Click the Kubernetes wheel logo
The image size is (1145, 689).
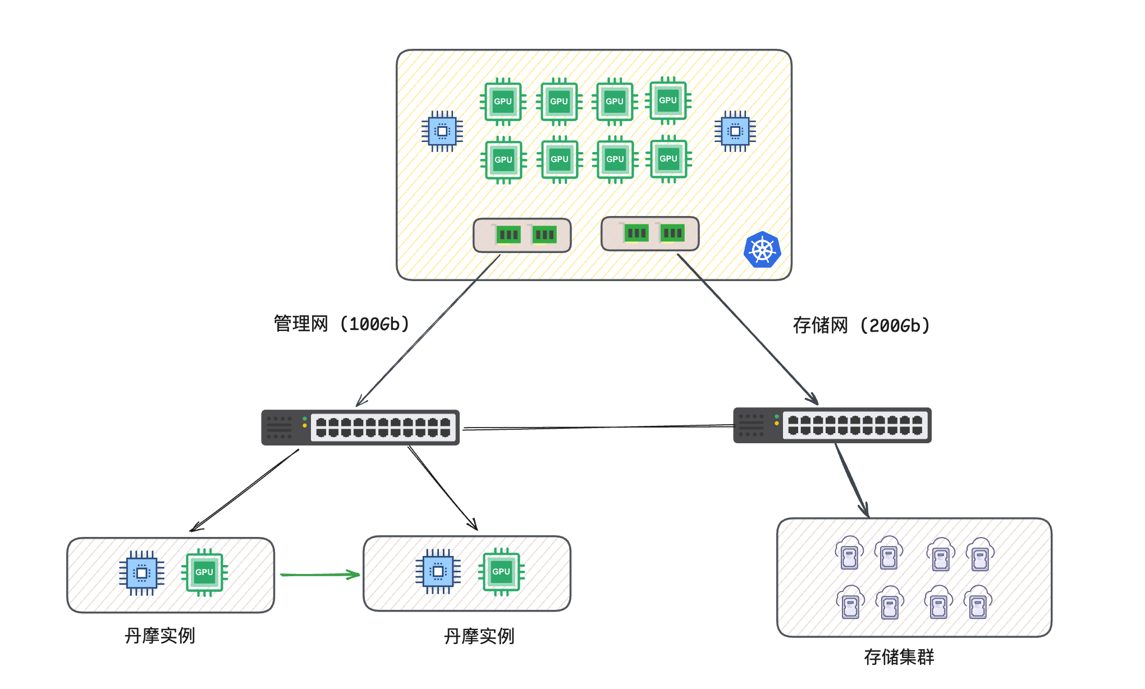tap(762, 250)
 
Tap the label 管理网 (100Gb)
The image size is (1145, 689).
tap(341, 324)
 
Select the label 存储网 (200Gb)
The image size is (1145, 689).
tap(861, 325)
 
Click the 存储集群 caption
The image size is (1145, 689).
tap(899, 656)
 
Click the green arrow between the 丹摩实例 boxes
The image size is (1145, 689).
tap(320, 575)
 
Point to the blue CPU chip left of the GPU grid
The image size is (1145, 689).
tap(442, 131)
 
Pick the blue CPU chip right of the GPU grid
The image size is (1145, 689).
tap(735, 131)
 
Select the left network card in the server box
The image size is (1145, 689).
tap(522, 235)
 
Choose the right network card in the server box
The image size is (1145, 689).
tap(650, 233)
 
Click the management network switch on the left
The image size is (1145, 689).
tap(360, 428)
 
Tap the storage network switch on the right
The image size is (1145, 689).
tap(832, 425)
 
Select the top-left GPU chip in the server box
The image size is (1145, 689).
tap(503, 102)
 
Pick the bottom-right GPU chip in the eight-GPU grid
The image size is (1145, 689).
tap(668, 159)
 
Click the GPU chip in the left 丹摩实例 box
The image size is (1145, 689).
tap(204, 572)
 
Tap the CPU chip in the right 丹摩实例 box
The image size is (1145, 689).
tap(438, 572)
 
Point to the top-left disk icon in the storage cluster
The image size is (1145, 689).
tap(849, 553)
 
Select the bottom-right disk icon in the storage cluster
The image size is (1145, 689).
tap(978, 602)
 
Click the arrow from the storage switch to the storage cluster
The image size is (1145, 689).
tap(852, 480)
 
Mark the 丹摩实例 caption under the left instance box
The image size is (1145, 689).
tap(160, 636)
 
